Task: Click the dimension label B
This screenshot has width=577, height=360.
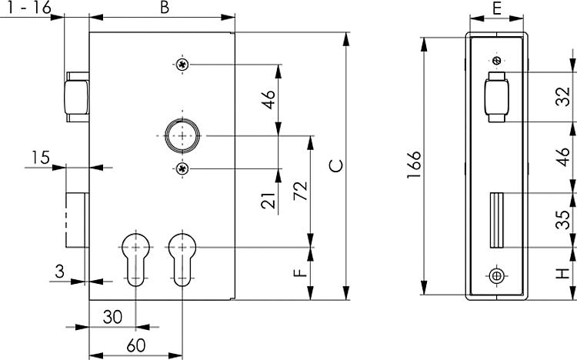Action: click(163, 8)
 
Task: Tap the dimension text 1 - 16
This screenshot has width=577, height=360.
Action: click(28, 7)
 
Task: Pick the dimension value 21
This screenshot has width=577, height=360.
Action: click(268, 202)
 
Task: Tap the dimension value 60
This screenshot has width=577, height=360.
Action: click(135, 344)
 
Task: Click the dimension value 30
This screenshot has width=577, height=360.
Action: click(112, 316)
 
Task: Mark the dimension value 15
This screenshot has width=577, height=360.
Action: click(40, 158)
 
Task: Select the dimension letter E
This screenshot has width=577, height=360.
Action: click(496, 8)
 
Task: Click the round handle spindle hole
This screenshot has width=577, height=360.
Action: click(182, 136)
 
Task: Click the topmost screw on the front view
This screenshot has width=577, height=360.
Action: click(182, 65)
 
